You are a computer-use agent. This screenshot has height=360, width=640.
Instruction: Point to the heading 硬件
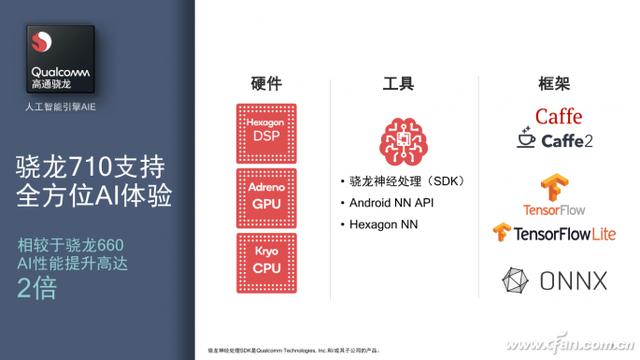(265, 85)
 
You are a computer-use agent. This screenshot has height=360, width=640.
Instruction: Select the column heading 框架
(553, 85)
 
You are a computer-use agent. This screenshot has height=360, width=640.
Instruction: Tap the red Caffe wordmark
(558, 116)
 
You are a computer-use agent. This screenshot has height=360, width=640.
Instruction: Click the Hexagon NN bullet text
(384, 225)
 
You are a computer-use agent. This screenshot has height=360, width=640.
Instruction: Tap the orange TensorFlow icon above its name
(552, 188)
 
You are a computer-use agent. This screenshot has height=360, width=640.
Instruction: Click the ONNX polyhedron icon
(517, 280)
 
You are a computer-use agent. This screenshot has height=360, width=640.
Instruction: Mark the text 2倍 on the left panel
(39, 291)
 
